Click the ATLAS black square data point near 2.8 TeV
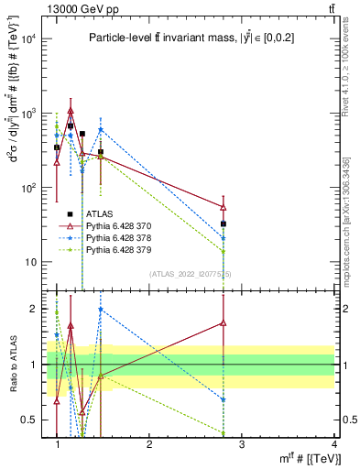click(224, 224)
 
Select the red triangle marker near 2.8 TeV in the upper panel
click(224, 207)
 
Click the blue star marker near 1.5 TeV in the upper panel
click(101, 130)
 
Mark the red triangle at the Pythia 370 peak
click(71, 112)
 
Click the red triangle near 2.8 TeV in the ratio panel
click(224, 322)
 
